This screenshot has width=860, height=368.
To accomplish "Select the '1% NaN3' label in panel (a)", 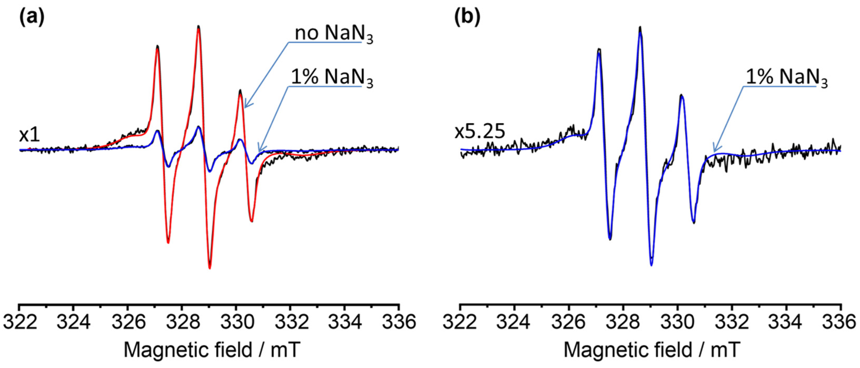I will click(331, 78).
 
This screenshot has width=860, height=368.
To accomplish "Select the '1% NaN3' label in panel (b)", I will click(786, 78).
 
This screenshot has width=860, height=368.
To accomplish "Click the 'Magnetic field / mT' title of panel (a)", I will click(212, 350).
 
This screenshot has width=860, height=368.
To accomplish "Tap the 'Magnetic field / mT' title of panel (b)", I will click(652, 350).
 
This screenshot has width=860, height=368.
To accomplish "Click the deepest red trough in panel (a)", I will click(210, 267).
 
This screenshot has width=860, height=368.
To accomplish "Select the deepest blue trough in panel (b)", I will click(651, 265).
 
